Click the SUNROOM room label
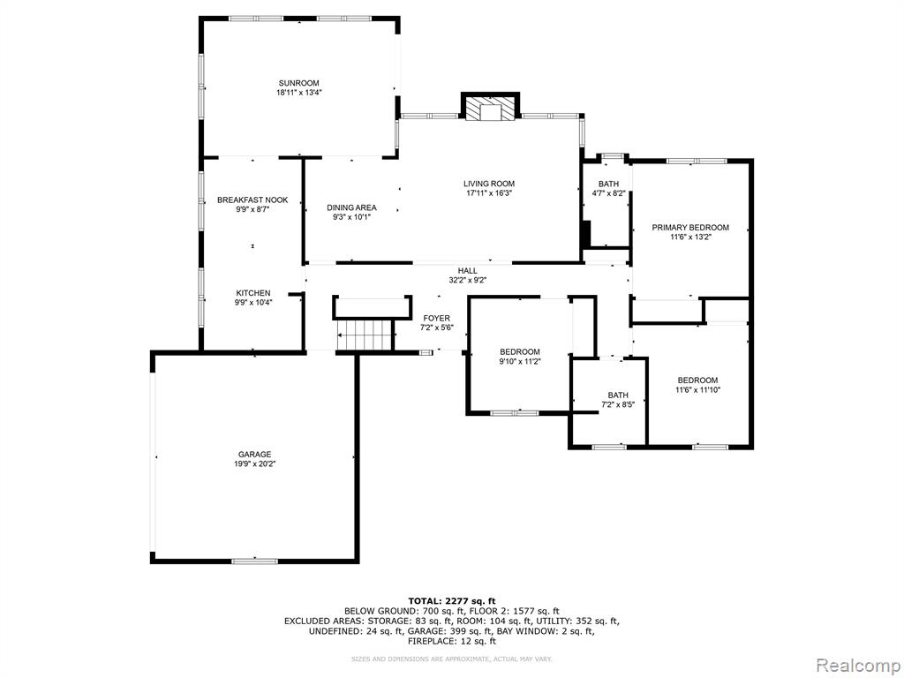click(298, 83)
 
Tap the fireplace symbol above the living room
click(490, 108)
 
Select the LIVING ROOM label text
click(489, 184)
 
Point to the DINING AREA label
click(351, 207)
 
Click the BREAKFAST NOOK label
click(252, 200)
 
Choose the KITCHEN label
click(253, 293)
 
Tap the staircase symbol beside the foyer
click(365, 335)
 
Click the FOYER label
click(436, 318)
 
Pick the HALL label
click(468, 270)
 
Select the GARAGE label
click(255, 455)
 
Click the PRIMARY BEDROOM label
click(690, 227)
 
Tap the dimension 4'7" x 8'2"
click(608, 193)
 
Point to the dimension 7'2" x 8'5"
click(618, 404)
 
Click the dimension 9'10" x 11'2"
click(520, 361)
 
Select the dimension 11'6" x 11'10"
click(697, 389)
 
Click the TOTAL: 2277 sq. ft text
click(452, 600)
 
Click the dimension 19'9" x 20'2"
click(254, 463)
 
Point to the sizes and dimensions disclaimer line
click(452, 659)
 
